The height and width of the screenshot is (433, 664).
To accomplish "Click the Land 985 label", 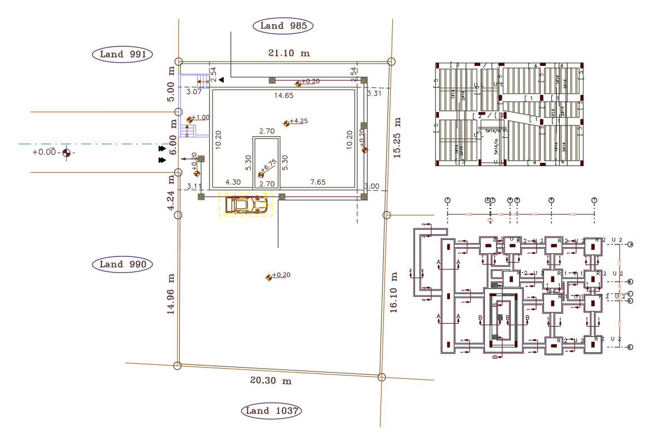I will (283, 25).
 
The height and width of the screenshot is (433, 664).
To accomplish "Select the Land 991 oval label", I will (122, 54).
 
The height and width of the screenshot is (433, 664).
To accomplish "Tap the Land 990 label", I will (122, 264).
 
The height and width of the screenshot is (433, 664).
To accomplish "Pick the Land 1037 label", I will (271, 411).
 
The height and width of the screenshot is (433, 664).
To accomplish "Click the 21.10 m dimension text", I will (289, 53).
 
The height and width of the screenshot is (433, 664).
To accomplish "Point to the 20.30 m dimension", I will (271, 381).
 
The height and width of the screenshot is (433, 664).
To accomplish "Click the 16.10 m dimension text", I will (393, 291).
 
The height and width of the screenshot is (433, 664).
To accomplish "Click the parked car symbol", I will (246, 204).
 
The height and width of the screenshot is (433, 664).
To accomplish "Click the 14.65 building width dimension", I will (284, 96).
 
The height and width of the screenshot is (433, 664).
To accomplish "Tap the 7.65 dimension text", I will (318, 182).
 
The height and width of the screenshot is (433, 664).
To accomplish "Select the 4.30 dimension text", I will (233, 182).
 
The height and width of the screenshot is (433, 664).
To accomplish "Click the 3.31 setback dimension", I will (374, 93).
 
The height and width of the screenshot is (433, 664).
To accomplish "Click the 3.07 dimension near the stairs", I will (194, 91).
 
